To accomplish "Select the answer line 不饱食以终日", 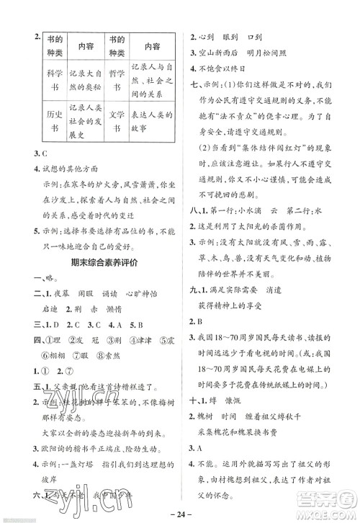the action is [x=227, y=71].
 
